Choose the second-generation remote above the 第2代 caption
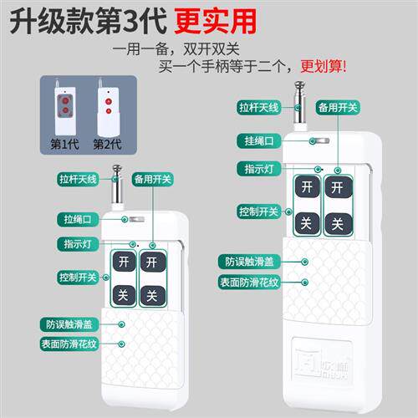coord(107,107)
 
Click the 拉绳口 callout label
coord(79,219)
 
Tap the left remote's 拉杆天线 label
coord(79,178)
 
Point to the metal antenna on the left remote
coord(121,191)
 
